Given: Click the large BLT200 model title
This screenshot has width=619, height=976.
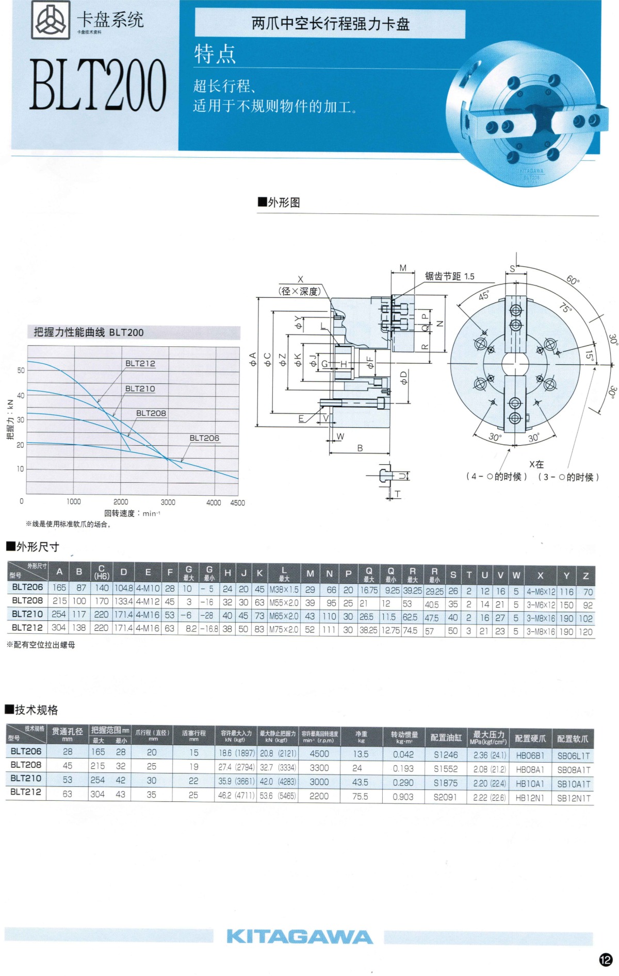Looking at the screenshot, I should [x=98, y=85].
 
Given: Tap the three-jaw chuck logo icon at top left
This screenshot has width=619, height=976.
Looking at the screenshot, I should [x=51, y=20].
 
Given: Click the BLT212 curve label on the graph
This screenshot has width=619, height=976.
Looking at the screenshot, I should [x=140, y=363].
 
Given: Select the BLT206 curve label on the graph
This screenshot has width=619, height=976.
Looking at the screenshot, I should [x=204, y=438].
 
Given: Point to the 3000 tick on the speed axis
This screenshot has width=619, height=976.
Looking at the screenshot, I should [x=168, y=502].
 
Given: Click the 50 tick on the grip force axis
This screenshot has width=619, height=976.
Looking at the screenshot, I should [x=21, y=370].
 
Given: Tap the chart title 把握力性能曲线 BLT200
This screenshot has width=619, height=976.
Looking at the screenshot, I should [x=89, y=332].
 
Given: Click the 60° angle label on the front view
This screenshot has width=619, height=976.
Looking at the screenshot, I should [x=573, y=280].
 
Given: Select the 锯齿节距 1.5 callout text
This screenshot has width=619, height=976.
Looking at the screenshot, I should [x=449, y=276].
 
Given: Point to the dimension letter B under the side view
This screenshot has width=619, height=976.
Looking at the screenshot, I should [x=360, y=448].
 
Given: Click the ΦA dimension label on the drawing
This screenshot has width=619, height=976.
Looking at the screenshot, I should [x=253, y=359].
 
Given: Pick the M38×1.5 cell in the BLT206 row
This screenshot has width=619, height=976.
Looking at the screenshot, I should [x=284, y=589].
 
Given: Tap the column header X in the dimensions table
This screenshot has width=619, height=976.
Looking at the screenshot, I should [x=540, y=576].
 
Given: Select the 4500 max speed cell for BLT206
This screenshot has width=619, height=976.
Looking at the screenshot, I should [x=319, y=753].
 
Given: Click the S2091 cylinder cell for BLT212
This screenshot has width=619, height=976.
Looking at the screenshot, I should [x=445, y=797].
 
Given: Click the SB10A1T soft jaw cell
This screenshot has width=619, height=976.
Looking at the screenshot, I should [x=573, y=784].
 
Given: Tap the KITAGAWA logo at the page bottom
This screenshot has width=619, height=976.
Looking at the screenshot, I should [x=300, y=936].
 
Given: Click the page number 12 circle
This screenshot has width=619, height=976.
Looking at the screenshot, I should [x=605, y=959].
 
